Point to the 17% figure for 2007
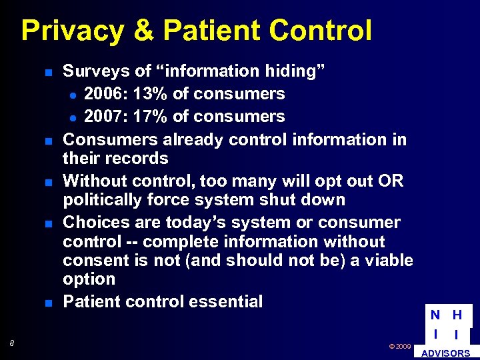150,117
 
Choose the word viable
388,260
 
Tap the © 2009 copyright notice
399,347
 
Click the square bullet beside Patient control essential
49,303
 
